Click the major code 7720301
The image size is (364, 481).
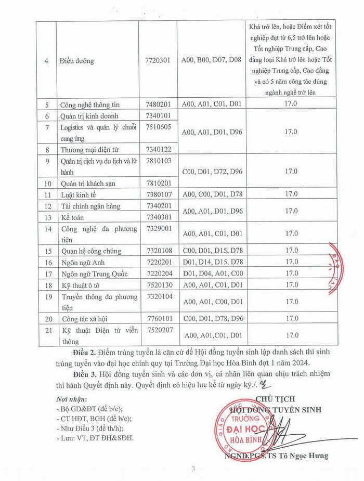coord(158,61)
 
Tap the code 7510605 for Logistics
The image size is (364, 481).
coord(158,127)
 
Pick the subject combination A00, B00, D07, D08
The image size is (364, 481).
coord(212,61)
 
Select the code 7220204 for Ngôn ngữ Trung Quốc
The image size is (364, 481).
coord(158,274)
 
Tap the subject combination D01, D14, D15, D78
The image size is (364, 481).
coord(212,262)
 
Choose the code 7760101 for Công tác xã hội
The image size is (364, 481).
coord(158,318)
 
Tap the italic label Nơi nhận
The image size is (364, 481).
coord(71,399)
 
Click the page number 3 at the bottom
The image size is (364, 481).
coord(193,469)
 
